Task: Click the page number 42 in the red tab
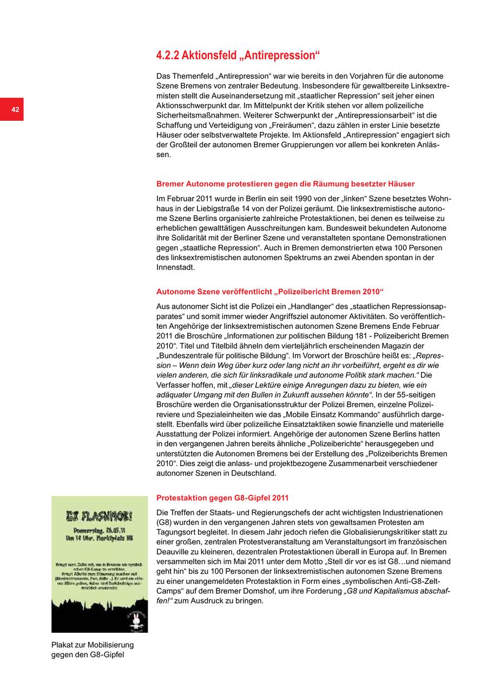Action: coord(15,110)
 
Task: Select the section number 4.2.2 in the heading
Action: coord(168,55)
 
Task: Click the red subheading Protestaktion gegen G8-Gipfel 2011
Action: coord(222,498)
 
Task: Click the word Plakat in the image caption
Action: coord(63,645)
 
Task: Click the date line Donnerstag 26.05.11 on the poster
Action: coord(100,529)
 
